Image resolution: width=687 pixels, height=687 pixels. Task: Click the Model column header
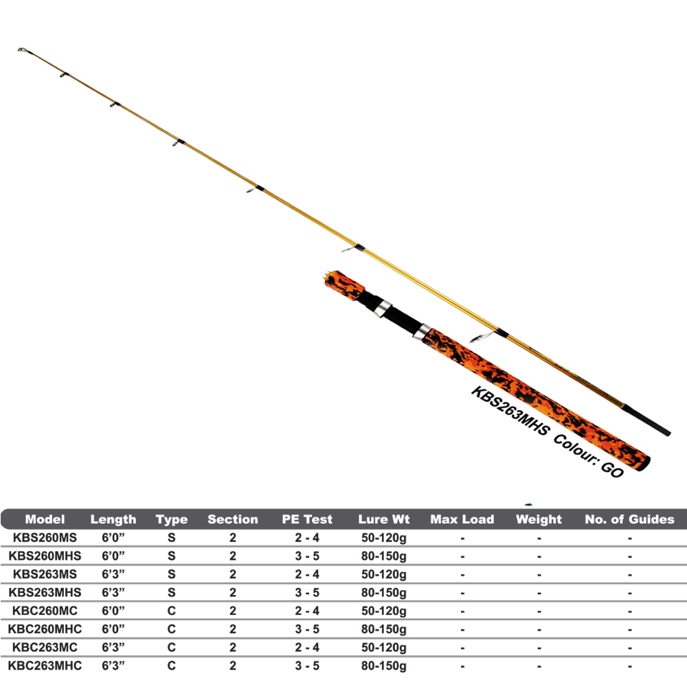pos(45,519)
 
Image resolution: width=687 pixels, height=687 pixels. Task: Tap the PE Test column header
pos(307,519)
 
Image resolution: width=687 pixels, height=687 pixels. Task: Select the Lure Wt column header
pos(383,519)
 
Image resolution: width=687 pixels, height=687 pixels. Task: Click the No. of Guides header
pos(629,519)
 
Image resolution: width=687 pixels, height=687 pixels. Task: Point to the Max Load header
pos(462,519)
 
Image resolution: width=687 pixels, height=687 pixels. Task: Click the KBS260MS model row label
pos(45,537)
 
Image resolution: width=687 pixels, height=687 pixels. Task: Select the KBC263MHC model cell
pos(45,665)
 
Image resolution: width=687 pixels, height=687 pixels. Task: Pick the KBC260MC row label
pos(45,610)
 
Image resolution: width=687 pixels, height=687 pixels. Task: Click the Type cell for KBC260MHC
pos(171,629)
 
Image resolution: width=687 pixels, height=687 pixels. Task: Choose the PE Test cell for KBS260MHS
pos(307,556)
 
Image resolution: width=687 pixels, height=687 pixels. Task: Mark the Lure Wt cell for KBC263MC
pos(383,647)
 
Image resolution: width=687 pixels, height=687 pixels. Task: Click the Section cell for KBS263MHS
pos(233,592)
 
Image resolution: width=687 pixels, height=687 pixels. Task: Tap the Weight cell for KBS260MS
pos(539,537)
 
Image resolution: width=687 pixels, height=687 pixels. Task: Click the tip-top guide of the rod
pos(23,50)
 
